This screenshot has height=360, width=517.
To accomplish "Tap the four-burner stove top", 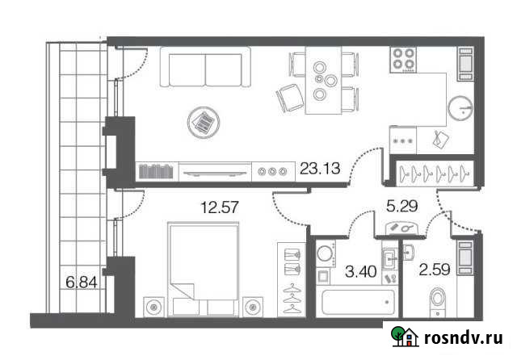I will click(404, 59).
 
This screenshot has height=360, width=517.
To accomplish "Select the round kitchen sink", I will click(460, 107).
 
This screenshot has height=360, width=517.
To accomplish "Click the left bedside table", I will click(153, 308).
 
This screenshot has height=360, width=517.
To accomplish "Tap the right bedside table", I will click(253, 308).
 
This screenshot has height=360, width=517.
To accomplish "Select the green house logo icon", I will click(403, 337).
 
